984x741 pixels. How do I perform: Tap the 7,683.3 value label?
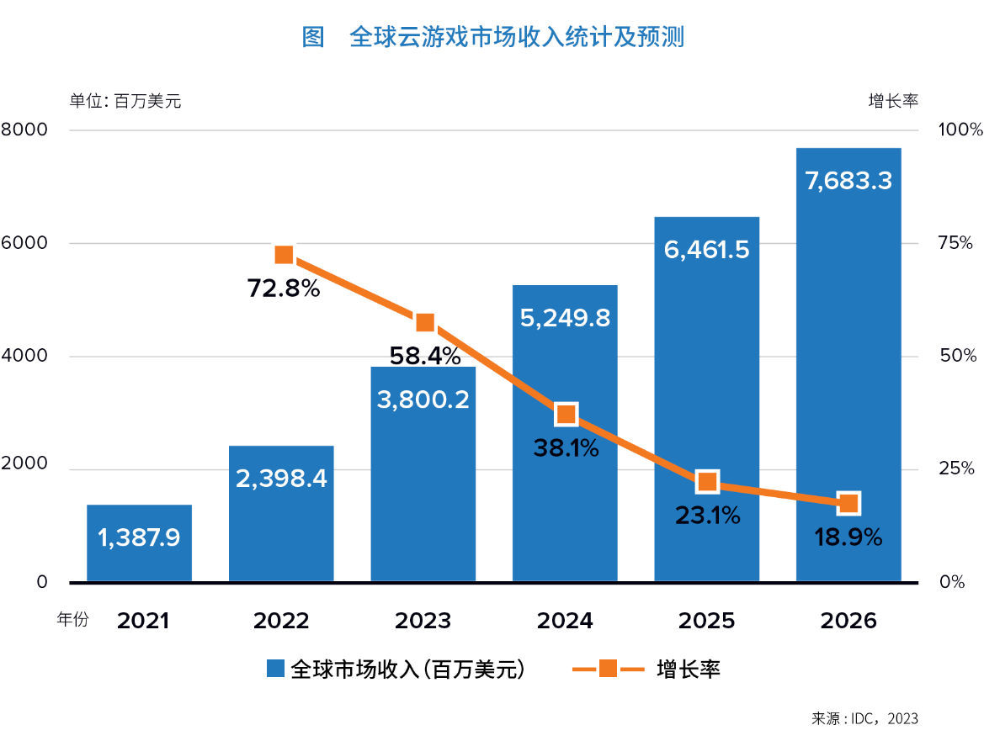coord(848,180)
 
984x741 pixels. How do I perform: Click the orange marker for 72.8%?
coord(284,255)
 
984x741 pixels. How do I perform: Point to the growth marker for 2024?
coord(566,414)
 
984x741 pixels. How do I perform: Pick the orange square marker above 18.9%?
coord(848,503)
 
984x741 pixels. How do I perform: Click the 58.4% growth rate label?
coord(424,356)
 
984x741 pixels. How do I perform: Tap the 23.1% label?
coord(707,515)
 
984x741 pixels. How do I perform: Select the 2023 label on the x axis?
coord(423,621)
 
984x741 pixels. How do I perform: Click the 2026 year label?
coord(848,621)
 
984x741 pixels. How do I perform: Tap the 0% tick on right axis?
coord(952,582)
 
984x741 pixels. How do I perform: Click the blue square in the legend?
coord(275,670)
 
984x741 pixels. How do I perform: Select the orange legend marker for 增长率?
coord(608,670)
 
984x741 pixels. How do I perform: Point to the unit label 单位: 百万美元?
coord(125,101)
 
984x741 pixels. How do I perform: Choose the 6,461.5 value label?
coord(706,250)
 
